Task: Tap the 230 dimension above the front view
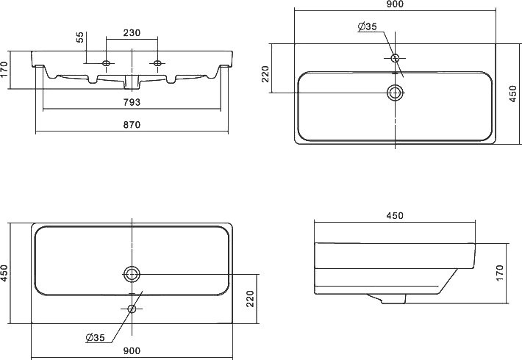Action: (x=132, y=34)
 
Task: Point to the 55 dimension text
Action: (x=80, y=39)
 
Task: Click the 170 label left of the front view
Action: (x=5, y=69)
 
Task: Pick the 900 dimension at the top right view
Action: (x=394, y=4)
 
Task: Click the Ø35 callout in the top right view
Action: (x=368, y=26)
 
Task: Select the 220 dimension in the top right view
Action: (x=265, y=74)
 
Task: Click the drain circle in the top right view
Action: (x=395, y=93)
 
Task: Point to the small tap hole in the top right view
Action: (x=395, y=57)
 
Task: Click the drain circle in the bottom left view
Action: (x=132, y=274)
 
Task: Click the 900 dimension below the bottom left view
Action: (x=132, y=351)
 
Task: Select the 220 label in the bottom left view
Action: (x=250, y=298)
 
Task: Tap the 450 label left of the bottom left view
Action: (x=5, y=273)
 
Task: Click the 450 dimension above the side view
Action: (x=394, y=216)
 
